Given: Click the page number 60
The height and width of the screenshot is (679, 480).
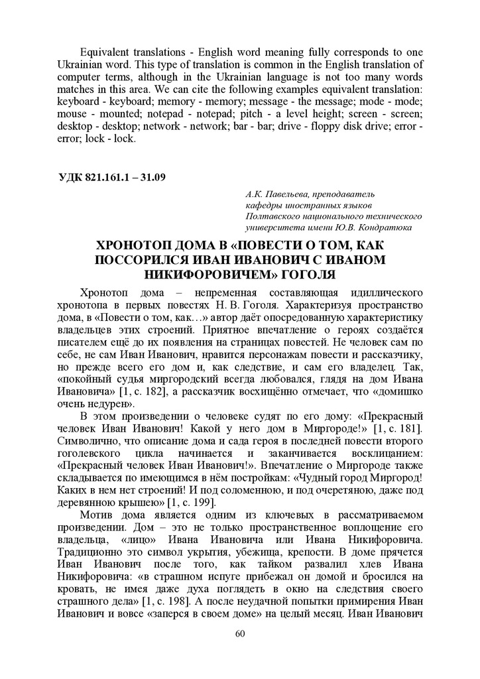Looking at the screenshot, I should click(x=240, y=634).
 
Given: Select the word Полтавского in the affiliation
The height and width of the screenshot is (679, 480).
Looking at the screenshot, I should click(x=273, y=216).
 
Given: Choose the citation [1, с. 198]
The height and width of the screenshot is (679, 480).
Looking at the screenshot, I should click(x=168, y=601).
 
